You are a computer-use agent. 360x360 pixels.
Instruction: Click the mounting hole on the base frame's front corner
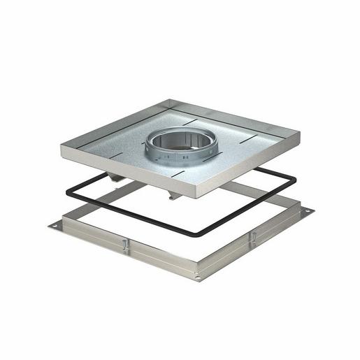click(x=199, y=278)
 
